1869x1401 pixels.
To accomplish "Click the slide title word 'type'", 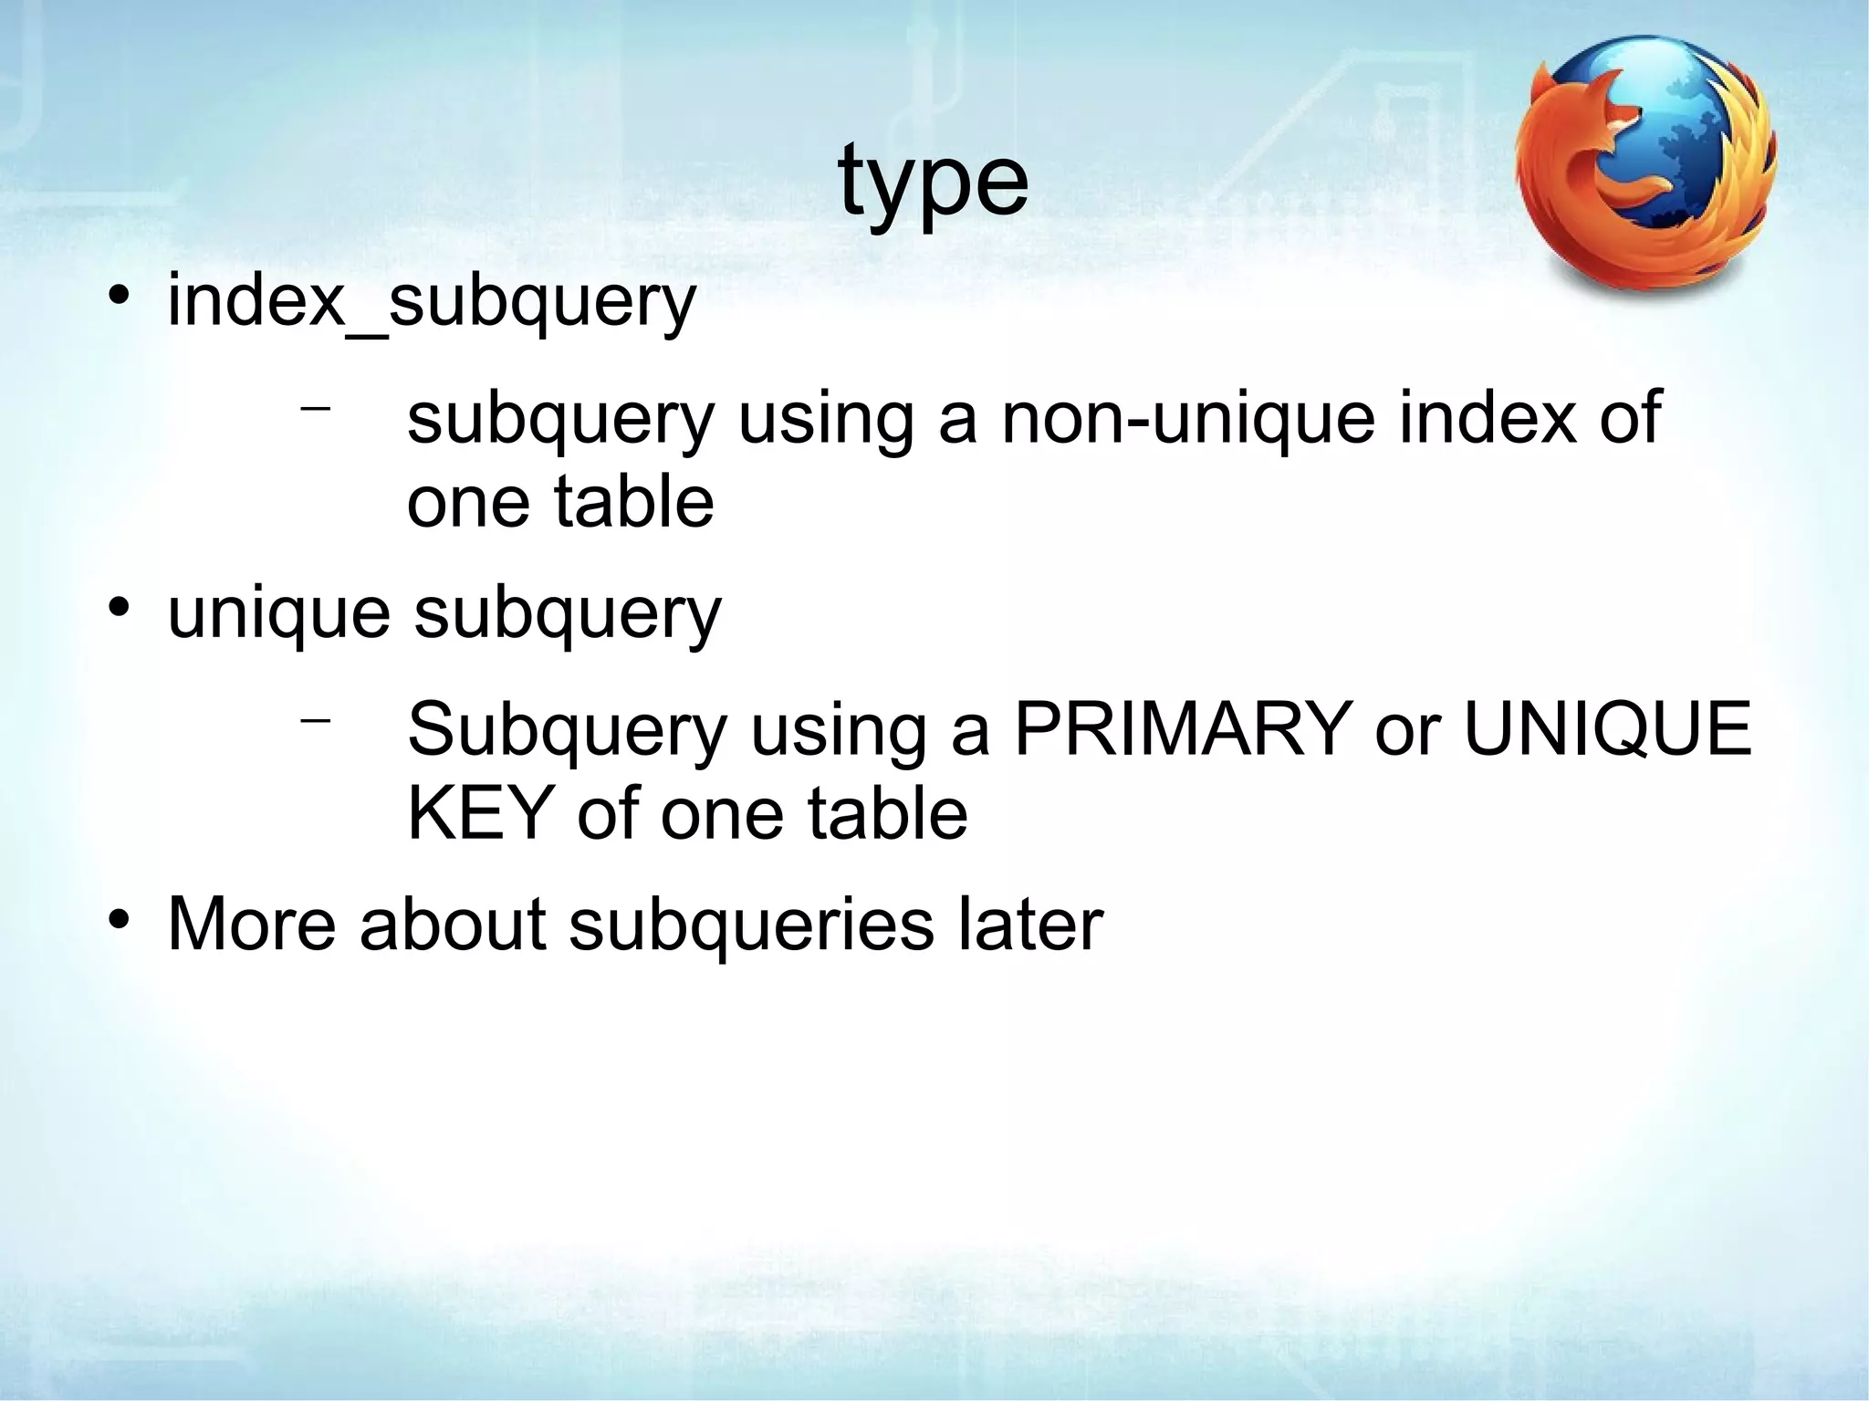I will [x=933, y=182].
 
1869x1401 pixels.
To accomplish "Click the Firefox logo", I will [x=1645, y=165].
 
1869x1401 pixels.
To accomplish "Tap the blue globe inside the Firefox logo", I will [x=1688, y=137].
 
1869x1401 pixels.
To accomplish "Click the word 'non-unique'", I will [x=1187, y=419].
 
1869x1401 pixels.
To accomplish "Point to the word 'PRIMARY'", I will [x=1183, y=729].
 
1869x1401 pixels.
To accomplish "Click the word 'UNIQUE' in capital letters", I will [x=1607, y=729].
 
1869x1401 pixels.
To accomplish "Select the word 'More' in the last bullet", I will [x=252, y=924].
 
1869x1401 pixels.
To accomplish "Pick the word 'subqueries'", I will [x=751, y=925].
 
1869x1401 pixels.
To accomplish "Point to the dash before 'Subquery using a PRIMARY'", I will [x=315, y=720].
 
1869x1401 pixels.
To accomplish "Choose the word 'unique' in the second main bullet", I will [x=278, y=614].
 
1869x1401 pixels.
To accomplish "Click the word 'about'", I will [x=453, y=924].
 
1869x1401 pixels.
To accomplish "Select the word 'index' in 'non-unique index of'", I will [x=1487, y=419].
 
